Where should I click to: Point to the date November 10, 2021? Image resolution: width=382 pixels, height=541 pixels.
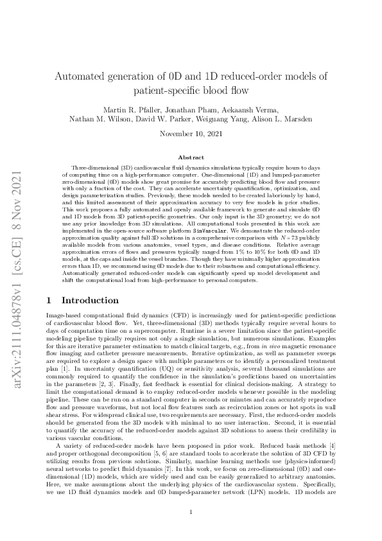[191, 135]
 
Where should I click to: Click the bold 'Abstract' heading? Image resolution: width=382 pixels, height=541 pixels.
[191, 157]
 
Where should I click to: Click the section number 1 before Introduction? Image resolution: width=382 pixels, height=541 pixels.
[50, 300]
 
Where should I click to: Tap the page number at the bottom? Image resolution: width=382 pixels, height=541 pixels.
[191, 512]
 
